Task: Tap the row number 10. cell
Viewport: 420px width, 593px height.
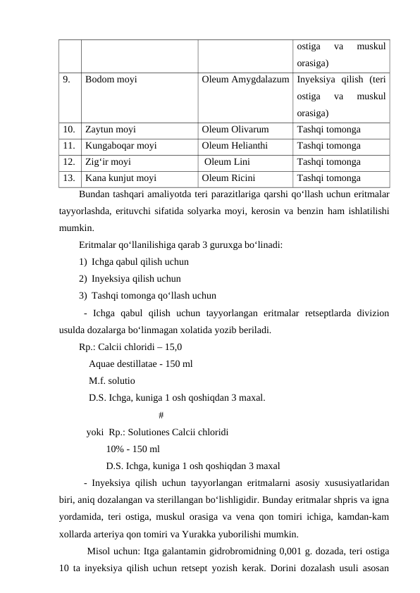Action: coord(68,130)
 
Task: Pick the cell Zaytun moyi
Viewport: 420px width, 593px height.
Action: coord(111,130)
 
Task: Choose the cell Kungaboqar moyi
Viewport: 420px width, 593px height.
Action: coord(121,146)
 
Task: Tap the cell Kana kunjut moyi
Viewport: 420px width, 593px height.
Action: coord(121,178)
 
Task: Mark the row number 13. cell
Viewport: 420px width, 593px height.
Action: coord(68,178)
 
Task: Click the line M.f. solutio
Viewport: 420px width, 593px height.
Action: coord(112,381)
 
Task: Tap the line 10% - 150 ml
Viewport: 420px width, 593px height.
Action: coord(132,449)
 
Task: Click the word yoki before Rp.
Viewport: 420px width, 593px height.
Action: coord(95,432)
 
